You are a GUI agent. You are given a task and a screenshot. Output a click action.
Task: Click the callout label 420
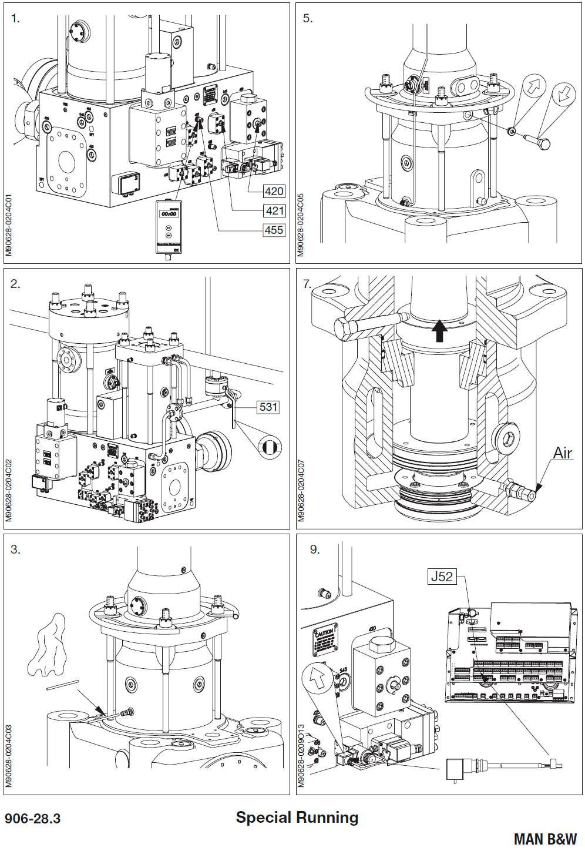[x=274, y=191]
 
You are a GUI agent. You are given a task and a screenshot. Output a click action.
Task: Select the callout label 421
[x=274, y=210]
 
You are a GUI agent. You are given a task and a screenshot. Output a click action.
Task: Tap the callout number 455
[x=274, y=230]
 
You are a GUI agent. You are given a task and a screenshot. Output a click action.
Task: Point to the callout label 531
[x=268, y=407]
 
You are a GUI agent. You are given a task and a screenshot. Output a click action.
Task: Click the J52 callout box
[x=442, y=577]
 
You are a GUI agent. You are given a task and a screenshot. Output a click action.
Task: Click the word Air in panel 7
[x=562, y=453]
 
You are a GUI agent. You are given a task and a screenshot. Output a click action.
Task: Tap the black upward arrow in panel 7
[x=438, y=330]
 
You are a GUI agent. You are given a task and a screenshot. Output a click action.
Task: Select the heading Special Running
[x=297, y=818]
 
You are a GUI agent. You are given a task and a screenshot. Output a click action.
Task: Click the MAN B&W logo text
[x=545, y=839]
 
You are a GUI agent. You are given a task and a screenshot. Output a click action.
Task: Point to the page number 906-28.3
[x=33, y=819]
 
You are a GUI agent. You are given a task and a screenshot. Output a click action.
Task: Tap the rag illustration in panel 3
[x=49, y=644]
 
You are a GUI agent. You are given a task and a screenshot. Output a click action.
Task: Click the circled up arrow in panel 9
[x=317, y=680]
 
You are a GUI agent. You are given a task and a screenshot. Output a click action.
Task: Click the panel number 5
[x=308, y=18]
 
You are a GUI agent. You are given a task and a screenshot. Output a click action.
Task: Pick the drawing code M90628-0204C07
[x=302, y=491]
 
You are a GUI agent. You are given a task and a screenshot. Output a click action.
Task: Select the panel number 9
[x=315, y=550]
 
